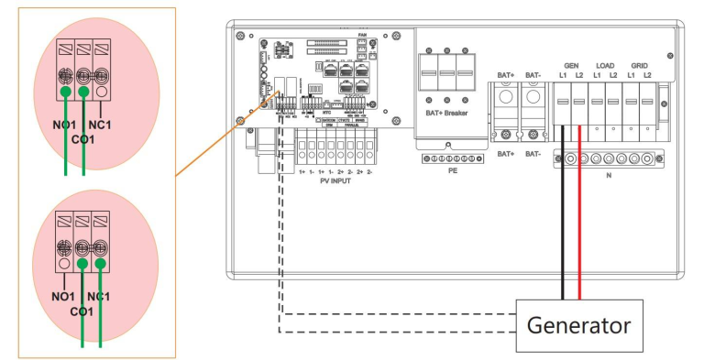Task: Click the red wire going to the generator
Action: coord(579,229)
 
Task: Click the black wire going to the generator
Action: coord(565,229)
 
